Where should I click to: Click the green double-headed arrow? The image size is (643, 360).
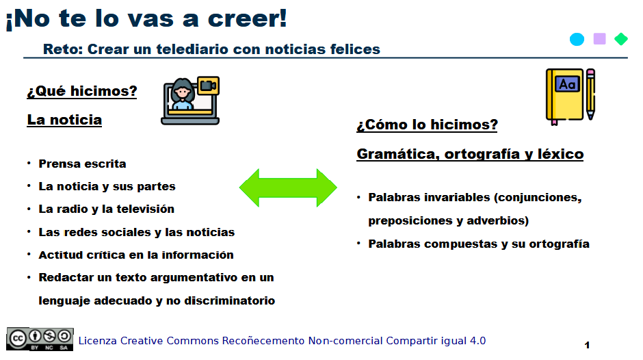(x=288, y=187)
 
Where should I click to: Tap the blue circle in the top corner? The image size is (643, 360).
(x=577, y=39)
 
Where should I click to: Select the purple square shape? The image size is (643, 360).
(x=599, y=39)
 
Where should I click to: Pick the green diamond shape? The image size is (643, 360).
(x=621, y=39)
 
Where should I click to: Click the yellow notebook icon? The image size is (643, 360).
(x=564, y=97)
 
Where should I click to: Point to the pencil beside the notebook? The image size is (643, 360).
(x=590, y=94)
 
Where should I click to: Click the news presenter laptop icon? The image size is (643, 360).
(x=189, y=101)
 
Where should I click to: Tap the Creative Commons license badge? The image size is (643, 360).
(x=40, y=339)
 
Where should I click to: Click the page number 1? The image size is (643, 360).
(x=587, y=345)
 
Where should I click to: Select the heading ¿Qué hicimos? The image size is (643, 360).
(x=82, y=91)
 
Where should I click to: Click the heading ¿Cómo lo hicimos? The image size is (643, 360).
(x=427, y=125)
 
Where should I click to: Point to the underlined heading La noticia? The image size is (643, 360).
(x=64, y=120)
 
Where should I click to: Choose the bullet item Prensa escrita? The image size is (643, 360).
(x=82, y=164)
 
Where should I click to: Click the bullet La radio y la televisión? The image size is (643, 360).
(x=106, y=209)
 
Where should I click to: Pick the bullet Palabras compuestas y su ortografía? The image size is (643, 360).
(x=478, y=244)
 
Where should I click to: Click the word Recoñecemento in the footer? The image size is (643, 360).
(x=263, y=341)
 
